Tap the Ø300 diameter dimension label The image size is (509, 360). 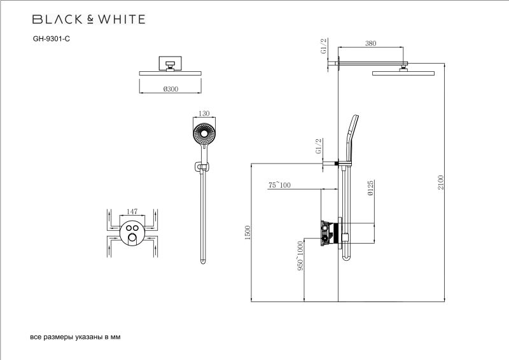[170, 89]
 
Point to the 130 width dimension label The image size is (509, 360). [204, 113]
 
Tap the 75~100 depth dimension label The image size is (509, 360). [279, 185]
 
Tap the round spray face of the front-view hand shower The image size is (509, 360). [204, 135]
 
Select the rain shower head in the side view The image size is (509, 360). [403, 73]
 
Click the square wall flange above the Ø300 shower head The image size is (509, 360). [170, 62]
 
